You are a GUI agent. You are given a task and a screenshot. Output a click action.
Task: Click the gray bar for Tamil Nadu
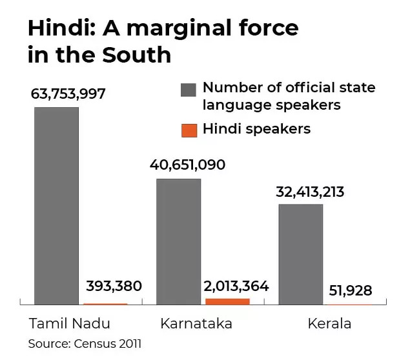[x=56, y=205]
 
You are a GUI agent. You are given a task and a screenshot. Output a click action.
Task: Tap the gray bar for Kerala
[x=300, y=254]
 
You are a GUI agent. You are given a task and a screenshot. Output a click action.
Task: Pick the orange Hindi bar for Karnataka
[x=227, y=301]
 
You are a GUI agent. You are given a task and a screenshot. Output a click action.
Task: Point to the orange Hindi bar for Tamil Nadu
[x=105, y=304]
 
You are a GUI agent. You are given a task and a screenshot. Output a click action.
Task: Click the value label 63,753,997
[x=68, y=94]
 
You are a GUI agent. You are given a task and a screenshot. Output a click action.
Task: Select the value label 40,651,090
[x=187, y=165]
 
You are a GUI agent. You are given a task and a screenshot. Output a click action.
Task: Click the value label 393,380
[x=113, y=286]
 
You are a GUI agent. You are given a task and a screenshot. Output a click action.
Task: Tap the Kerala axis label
[x=329, y=323]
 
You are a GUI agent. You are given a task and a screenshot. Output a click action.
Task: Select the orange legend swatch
[x=189, y=130]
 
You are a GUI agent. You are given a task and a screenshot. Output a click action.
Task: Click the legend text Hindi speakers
[x=256, y=129]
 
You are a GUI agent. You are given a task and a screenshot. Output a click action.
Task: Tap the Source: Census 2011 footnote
[x=85, y=344]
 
